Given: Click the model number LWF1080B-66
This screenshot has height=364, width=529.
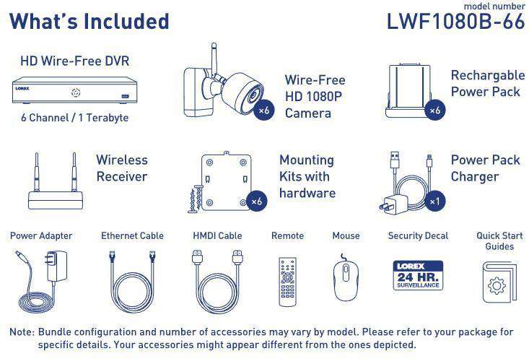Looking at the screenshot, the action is pyautogui.click(x=455, y=21).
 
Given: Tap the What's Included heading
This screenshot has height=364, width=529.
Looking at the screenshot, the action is pyautogui.click(x=89, y=21).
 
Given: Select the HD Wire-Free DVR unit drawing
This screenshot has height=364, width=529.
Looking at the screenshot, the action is pyautogui.click(x=75, y=90).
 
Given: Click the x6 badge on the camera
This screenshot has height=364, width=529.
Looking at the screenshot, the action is pyautogui.click(x=264, y=110).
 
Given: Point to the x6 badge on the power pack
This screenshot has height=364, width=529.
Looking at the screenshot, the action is pyautogui.click(x=434, y=110).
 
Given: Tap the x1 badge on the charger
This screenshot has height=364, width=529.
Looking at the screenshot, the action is pyautogui.click(x=434, y=201).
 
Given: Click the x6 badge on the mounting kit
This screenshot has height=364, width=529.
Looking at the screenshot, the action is pyautogui.click(x=257, y=201).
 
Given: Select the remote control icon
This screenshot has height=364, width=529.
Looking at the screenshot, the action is pyautogui.click(x=287, y=282).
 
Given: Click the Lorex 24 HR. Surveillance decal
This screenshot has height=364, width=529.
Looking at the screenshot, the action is pyautogui.click(x=418, y=275).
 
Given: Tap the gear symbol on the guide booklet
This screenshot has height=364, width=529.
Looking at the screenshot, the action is pyautogui.click(x=497, y=286).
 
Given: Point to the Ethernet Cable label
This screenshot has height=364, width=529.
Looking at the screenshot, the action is pyautogui.click(x=132, y=235).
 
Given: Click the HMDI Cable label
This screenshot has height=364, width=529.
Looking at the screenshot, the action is pyautogui.click(x=217, y=235).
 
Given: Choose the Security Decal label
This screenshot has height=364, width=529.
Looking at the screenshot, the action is pyautogui.click(x=418, y=235).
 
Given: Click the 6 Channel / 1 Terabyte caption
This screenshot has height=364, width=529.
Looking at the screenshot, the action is pyautogui.click(x=74, y=118).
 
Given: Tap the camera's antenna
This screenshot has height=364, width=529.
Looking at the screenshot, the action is pyautogui.click(x=214, y=57).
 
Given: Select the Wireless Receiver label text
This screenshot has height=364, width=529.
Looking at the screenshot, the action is pyautogui.click(x=122, y=168).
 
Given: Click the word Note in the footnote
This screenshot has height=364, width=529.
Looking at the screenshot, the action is pyautogui.click(x=22, y=332).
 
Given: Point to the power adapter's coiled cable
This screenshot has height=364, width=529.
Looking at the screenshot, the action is pyautogui.click(x=36, y=302).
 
